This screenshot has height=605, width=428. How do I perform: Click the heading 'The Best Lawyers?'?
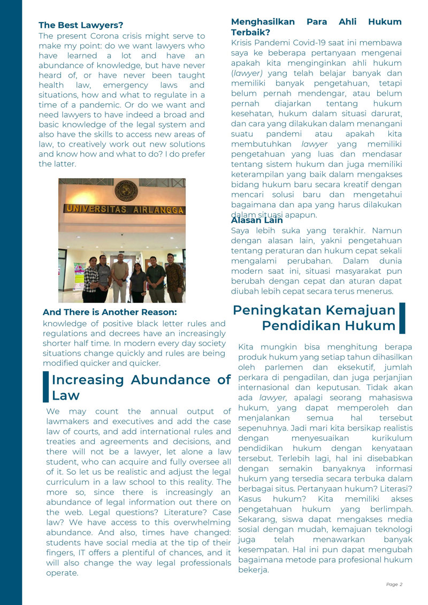click(81, 25)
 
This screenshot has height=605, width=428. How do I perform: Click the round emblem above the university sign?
click(126, 190)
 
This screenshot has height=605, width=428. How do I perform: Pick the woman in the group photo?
click(138, 282)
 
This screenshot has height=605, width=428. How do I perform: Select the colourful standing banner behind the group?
click(79, 276)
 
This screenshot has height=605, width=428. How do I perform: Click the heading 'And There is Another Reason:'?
click(110, 312)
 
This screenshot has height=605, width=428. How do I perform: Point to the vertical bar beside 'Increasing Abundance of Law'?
click(45, 387)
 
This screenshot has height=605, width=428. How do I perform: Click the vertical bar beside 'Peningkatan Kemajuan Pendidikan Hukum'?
click(402, 318)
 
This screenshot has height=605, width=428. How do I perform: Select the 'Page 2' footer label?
click(394, 585)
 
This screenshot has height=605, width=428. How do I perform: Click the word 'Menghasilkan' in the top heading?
click(263, 22)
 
